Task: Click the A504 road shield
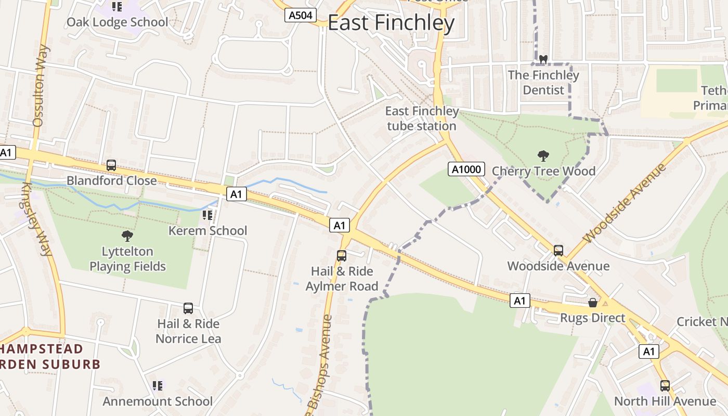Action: point(301,15)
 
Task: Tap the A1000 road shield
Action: point(466,169)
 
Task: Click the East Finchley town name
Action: point(391,23)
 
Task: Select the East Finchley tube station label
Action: point(422,119)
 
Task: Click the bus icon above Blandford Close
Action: point(111,165)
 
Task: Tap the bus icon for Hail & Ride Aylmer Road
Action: point(342,255)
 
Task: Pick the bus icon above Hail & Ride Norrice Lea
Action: point(188,308)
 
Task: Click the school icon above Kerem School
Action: point(207,215)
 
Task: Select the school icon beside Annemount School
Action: point(158,386)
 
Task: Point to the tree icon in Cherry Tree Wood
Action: point(543,155)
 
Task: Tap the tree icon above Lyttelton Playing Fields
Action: point(127,236)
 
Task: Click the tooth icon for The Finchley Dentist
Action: point(543,60)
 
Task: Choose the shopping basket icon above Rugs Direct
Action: point(592,302)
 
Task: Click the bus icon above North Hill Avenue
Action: point(665,385)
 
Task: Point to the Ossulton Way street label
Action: point(41,86)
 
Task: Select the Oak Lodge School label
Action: point(117,22)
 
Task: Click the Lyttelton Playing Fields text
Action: point(127,259)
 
